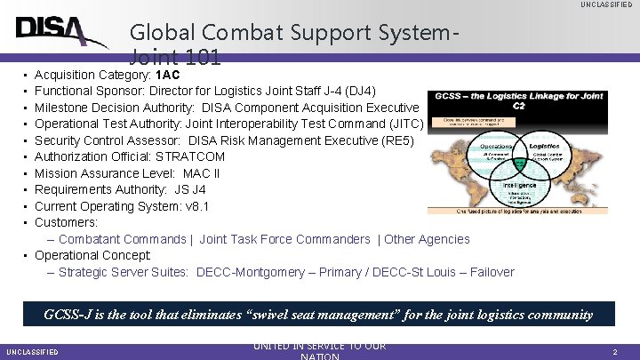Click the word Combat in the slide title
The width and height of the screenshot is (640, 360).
227,33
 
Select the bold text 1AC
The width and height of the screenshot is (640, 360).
167,75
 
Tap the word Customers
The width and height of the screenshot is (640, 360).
65,222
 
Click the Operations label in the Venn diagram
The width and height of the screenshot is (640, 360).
496,146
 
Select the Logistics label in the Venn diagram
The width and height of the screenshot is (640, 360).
543,146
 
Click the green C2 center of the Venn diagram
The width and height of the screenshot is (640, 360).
520,164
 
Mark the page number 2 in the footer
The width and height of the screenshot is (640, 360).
614,352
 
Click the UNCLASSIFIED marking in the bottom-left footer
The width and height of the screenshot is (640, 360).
32,352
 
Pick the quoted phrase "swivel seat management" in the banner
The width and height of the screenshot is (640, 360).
326,314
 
